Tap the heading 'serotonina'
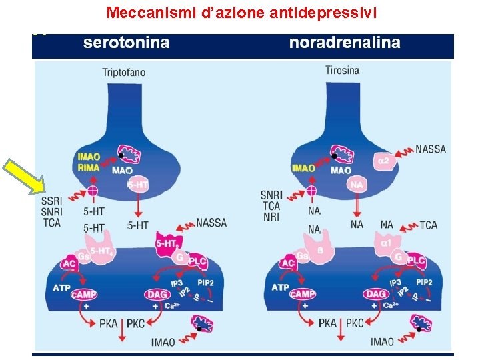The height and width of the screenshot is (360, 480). pos(126,43)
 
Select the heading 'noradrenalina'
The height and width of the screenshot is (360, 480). pos(345,43)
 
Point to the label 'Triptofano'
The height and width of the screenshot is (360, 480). pos(124,72)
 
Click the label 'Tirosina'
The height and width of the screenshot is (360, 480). pos(343,70)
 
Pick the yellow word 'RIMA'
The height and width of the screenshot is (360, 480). pos(89,168)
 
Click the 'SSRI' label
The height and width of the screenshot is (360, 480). pos(52,201)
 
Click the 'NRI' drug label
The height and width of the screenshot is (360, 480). pos(271,217)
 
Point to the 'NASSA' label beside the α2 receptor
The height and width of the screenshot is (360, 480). pos(430,149)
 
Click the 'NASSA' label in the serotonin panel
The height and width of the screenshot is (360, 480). pos(211,223)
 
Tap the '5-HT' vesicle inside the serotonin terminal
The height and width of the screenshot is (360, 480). pos(137,185)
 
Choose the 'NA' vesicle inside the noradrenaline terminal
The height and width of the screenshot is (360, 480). pos(357,185)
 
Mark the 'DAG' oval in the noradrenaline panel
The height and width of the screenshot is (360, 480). pos(377,294)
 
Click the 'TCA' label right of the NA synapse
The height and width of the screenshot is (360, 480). pos(429,225)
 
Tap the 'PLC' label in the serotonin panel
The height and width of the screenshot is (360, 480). pos(197,261)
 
